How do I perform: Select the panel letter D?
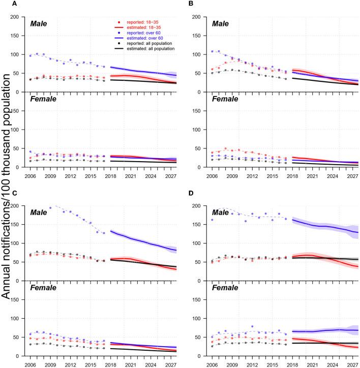pos(190,193)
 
